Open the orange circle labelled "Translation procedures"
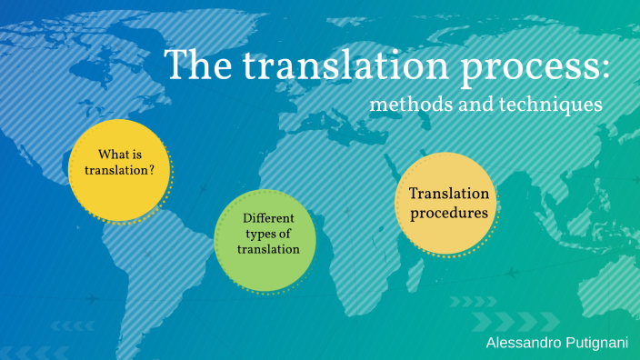tap(449, 204)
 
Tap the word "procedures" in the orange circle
tap(449, 214)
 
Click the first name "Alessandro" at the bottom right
tap(522, 343)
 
